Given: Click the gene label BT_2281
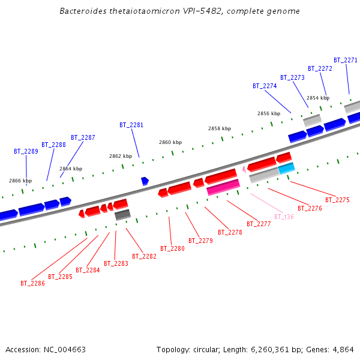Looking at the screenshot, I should [131, 125].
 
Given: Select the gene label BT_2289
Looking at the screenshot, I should [26, 151].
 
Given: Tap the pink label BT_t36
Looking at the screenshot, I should [284, 217].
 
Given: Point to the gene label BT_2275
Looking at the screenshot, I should [337, 200].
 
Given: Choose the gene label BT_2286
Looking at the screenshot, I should [32, 283].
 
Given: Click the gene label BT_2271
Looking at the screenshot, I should [346, 60].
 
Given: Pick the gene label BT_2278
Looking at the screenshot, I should [230, 232].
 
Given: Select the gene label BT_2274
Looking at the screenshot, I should [265, 86].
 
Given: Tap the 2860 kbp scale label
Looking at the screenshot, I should [170, 142].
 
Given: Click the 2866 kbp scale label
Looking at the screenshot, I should [20, 180].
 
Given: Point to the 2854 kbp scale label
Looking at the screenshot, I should [318, 98].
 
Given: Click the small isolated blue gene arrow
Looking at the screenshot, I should [145, 181].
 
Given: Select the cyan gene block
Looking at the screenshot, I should [286, 168].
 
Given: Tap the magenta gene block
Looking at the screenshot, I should [223, 187].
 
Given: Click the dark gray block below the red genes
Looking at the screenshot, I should [122, 214].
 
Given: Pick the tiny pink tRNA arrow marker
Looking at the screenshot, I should [244, 170].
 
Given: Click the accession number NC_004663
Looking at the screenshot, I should [65, 349].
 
